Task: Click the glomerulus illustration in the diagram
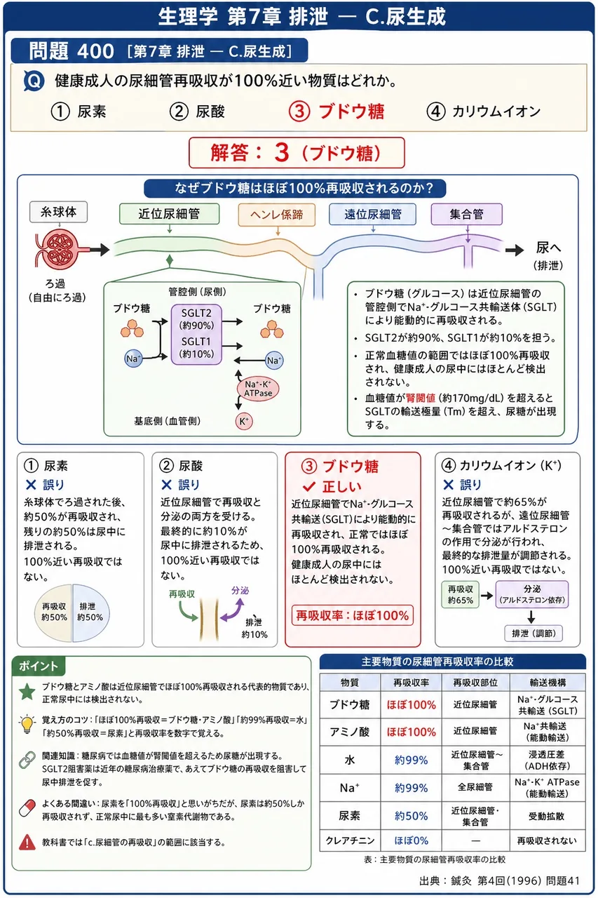tap(59, 248)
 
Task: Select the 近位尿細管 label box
tap(169, 214)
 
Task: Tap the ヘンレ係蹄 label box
tap(277, 215)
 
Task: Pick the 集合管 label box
tap(467, 214)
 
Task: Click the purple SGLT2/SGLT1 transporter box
tap(196, 335)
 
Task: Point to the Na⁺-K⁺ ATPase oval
tap(258, 389)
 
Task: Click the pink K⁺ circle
tap(244, 422)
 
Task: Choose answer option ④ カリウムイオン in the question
tap(484, 112)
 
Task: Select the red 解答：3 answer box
tap(297, 153)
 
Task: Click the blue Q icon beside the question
tap(34, 81)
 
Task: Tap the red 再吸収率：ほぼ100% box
tap(353, 615)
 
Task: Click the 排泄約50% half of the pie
tap(90, 613)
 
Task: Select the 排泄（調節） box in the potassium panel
tap(534, 634)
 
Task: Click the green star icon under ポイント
tap(27, 692)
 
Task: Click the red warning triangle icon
tap(27, 842)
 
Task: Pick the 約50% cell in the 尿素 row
tap(411, 816)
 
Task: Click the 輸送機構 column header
tap(548, 683)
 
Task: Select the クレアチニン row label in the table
tap(350, 840)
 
